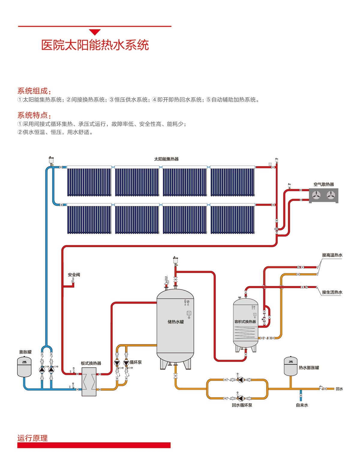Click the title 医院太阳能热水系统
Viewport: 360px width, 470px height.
pos(95,45)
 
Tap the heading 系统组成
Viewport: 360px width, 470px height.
pos(34,91)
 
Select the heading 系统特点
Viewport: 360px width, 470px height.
pos(34,115)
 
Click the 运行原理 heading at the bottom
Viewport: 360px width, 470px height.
pos(32,438)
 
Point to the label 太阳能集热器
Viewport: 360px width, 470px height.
pos(166,159)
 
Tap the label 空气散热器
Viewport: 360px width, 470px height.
pos(323,184)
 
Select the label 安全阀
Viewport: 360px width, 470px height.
pos(74,275)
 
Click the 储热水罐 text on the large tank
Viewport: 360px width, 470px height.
pos(176,322)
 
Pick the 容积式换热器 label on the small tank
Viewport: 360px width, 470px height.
pos(245,322)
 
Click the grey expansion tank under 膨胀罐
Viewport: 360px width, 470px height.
pos(25,366)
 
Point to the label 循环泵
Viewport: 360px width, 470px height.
pos(136,362)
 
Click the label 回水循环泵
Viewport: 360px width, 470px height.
pos(242,405)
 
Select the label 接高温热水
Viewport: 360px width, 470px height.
pos(332,255)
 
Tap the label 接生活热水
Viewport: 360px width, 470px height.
pos(332,292)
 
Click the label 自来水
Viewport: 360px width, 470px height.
pos(302,405)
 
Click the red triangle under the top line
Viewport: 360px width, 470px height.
pos(95,32)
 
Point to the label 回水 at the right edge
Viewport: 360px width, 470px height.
pos(339,389)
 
